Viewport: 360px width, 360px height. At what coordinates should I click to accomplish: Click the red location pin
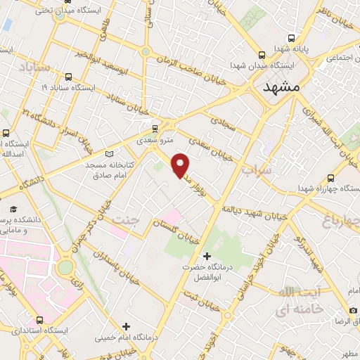coord(181,165)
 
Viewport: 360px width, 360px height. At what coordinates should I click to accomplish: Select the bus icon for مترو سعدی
coord(155,128)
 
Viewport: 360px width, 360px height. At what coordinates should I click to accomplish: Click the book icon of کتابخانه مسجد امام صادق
coord(108,153)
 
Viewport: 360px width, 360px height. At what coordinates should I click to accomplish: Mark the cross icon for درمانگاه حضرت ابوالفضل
coord(206,255)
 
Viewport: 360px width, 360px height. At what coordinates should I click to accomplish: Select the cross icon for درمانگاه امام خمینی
coord(126,326)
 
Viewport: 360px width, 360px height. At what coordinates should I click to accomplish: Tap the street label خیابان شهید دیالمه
coord(253,212)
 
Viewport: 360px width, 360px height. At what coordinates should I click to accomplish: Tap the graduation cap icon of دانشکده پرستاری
coord(13,209)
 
